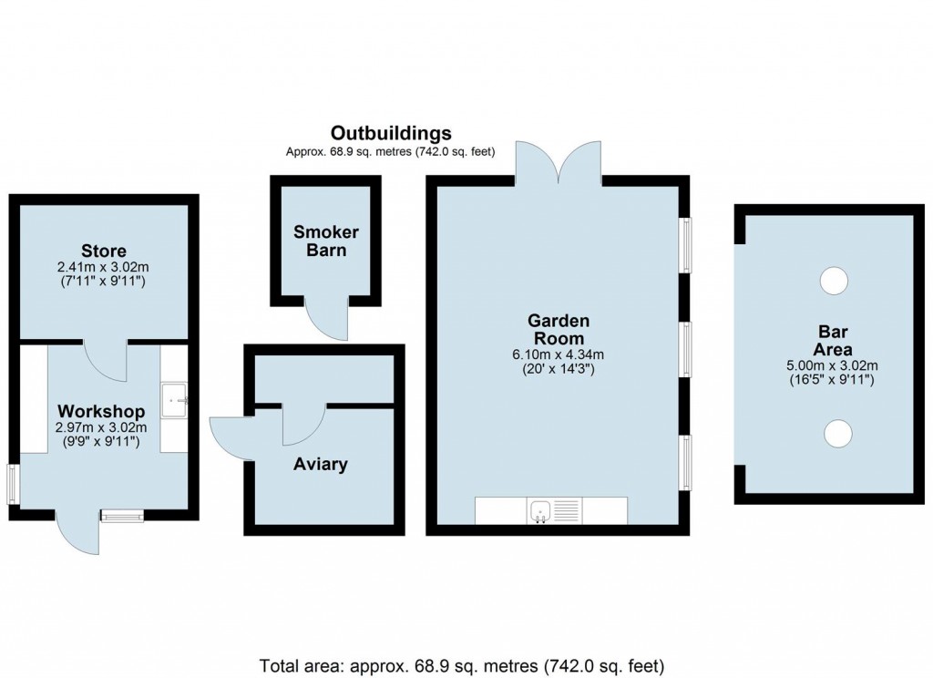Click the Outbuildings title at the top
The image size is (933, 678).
coord(390,133)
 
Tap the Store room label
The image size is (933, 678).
coord(103,251)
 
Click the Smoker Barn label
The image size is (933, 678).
coord(325,241)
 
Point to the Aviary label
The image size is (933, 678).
coord(320,465)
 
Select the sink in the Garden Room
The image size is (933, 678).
coord(539,511)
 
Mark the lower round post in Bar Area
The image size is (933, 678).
coord(833,433)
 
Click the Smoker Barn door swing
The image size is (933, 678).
coord(327,319)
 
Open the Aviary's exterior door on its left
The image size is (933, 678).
coord(231,437)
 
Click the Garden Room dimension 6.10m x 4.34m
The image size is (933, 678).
coord(559,355)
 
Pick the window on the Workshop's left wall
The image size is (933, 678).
coord(13,483)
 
